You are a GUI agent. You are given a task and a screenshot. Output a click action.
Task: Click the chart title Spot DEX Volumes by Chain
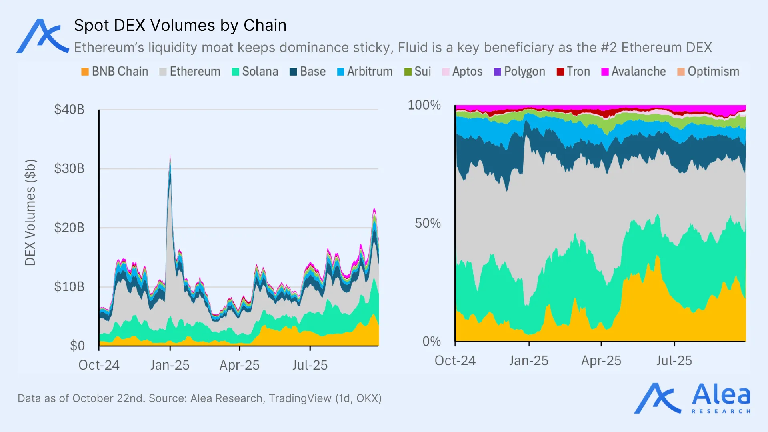[180, 26]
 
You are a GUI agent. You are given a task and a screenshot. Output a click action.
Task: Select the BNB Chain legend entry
[114, 72]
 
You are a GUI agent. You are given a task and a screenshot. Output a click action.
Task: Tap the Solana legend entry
[255, 72]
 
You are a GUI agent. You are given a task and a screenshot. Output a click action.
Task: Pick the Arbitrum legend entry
[364, 72]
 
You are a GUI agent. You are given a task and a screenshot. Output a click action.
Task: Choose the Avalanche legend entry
[633, 72]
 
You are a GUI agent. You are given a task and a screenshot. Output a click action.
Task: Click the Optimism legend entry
[708, 72]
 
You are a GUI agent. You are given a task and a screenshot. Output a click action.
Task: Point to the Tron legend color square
[560, 72]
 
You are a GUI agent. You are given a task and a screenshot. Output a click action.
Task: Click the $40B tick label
[69, 110]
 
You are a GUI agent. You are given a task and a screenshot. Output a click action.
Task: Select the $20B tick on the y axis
[69, 228]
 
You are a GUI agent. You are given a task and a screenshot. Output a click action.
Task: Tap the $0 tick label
[77, 346]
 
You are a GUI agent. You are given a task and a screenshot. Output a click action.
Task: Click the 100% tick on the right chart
[424, 105]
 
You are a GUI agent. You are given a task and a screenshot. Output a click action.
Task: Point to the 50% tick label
[427, 223]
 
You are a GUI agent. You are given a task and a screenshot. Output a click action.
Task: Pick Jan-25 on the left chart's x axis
[170, 365]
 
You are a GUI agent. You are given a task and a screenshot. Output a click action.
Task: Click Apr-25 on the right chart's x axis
[601, 361]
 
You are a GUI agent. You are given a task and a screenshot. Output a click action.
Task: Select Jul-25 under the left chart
[310, 365]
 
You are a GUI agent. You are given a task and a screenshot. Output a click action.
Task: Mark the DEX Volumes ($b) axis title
[30, 212]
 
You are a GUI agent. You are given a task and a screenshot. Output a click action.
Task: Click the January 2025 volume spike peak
[170, 157]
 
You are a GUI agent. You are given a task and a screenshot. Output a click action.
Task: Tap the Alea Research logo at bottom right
[692, 398]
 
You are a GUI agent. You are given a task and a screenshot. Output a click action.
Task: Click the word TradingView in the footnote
[300, 398]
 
